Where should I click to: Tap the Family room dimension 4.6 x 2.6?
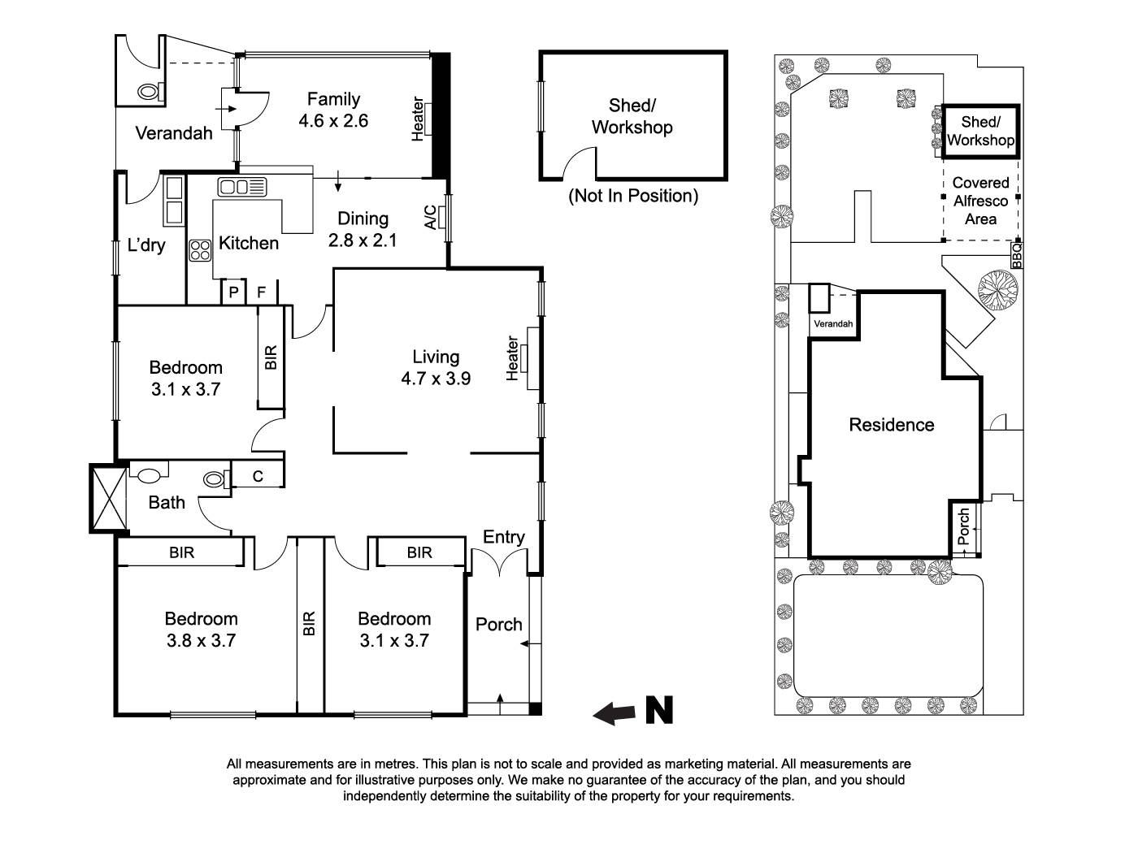(333, 121)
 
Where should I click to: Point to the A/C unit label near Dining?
(430, 218)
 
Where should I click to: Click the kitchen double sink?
(241, 187)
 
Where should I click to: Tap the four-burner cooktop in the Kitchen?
(199, 251)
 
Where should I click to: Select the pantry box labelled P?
(233, 292)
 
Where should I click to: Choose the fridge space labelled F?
(262, 292)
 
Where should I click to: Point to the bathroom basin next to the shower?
(149, 473)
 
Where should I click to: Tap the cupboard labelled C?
(258, 476)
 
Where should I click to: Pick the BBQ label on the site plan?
(1016, 255)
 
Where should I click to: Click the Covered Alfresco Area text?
(980, 201)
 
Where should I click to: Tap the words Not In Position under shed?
(633, 196)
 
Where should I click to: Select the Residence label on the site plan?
(891, 425)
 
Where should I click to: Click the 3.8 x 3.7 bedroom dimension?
(201, 641)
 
